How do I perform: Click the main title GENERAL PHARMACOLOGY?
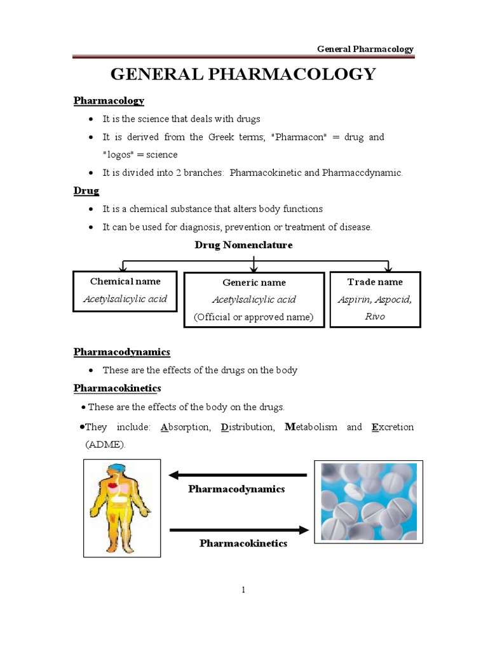[243, 74]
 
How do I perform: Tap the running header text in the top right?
[366, 49]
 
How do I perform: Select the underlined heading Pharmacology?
[109, 100]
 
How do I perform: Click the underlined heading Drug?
[86, 190]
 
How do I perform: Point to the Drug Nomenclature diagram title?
[243, 245]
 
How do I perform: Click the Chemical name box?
[125, 290]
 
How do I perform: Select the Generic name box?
[254, 300]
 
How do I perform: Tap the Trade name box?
[375, 299]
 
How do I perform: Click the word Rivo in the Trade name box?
[375, 316]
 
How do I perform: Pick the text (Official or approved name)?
[254, 317]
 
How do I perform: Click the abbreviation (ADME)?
[105, 444]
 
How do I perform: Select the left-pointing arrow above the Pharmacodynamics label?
[238, 475]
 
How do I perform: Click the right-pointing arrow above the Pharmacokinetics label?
[239, 529]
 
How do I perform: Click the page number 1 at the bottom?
[243, 590]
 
